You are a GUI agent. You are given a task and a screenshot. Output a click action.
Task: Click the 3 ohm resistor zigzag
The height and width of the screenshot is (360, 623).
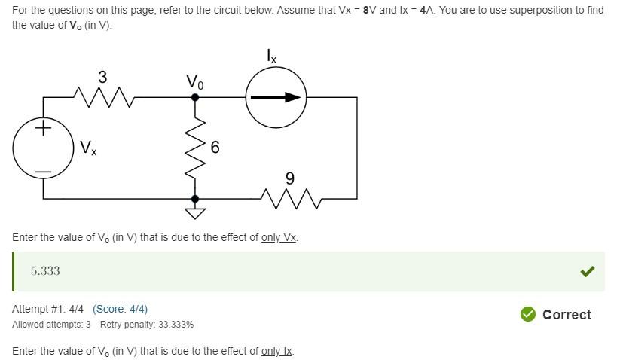pyautogui.click(x=103, y=96)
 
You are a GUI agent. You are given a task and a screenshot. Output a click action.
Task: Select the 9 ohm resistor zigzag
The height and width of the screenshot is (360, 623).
pyautogui.click(x=290, y=199)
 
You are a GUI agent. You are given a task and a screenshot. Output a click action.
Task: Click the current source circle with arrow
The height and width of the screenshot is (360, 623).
pyautogui.click(x=276, y=97)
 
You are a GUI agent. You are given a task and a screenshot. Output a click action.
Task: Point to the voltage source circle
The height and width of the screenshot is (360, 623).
pyautogui.click(x=43, y=148)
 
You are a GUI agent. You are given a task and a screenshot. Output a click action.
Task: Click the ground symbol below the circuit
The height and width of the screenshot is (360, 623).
pyautogui.click(x=196, y=212)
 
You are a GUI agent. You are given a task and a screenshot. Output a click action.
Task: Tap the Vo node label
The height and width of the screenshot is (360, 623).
pyautogui.click(x=194, y=81)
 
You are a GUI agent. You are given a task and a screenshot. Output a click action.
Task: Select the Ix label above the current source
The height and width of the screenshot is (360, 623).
pyautogui.click(x=272, y=56)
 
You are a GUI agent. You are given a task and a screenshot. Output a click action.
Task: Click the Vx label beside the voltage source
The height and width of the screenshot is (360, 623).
pyautogui.click(x=88, y=148)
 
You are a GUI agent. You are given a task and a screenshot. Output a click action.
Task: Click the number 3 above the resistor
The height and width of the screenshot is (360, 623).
pyautogui.click(x=102, y=77)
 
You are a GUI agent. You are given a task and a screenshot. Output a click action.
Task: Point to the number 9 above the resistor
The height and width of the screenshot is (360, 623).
pyautogui.click(x=290, y=178)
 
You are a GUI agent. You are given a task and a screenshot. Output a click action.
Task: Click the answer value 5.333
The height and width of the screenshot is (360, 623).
pyautogui.click(x=45, y=271)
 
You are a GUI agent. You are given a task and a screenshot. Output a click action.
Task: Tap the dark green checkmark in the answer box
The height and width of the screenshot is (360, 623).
pyautogui.click(x=588, y=271)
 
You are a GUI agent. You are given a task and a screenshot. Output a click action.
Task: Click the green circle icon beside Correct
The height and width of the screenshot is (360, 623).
pyautogui.click(x=528, y=314)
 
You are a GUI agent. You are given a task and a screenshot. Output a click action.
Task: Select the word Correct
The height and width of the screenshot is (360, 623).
pyautogui.click(x=567, y=315)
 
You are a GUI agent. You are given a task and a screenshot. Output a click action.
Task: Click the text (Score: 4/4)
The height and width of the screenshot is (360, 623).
pyautogui.click(x=120, y=309)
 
